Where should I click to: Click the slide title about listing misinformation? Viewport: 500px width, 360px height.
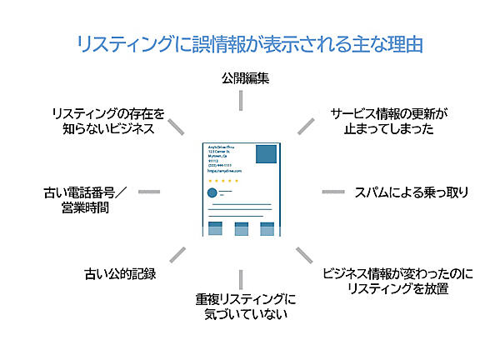point(249,43)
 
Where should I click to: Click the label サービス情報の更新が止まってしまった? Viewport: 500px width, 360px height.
point(389,120)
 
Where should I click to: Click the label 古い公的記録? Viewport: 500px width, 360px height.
point(120,273)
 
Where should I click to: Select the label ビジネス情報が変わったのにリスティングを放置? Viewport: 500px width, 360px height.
point(397,281)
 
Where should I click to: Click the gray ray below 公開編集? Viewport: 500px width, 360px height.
point(241,100)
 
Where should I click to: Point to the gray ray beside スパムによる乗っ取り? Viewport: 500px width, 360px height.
point(333,192)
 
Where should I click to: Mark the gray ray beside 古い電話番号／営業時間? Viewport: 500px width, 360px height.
point(148,192)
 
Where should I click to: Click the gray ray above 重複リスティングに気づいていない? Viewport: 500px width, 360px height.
point(241,279)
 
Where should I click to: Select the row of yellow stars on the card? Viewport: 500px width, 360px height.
point(222,180)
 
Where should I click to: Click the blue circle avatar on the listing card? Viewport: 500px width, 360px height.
point(212,193)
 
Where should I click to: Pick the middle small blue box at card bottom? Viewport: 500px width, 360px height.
point(241,228)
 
